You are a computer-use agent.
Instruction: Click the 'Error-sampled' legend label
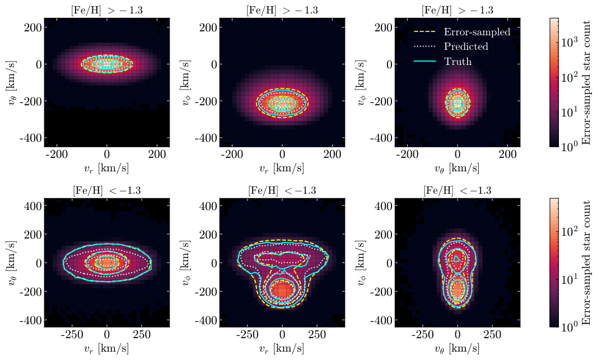[477, 32]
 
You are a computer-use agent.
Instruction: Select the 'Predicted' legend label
[466, 46]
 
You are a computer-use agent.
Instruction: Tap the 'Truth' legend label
[458, 62]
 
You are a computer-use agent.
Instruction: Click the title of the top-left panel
[107, 10]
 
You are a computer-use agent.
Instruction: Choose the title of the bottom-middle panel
[282, 191]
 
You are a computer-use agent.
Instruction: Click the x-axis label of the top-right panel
[458, 168]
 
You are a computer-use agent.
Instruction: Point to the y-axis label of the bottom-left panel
[13, 263]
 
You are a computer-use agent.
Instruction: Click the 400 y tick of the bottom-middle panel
[207, 205]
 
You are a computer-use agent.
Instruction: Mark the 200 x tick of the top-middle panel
[332, 154]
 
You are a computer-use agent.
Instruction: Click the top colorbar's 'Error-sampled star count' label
[586, 82]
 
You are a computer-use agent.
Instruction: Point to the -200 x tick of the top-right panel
[408, 154]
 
